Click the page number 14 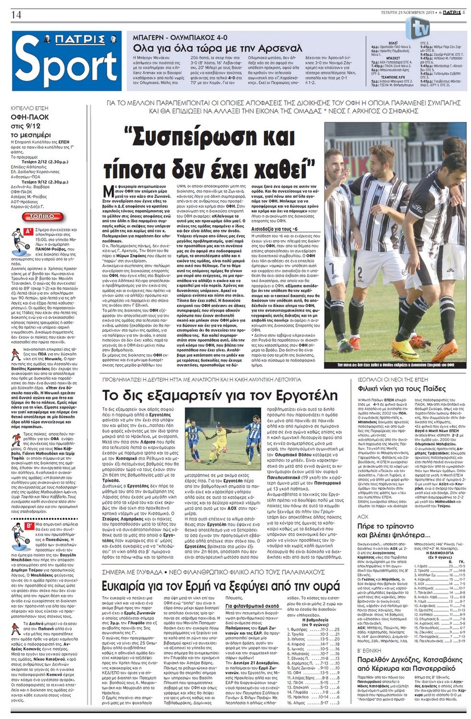[16, 15]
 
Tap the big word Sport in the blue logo [67, 65]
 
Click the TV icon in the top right [417, 28]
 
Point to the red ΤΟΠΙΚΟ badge [42, 217]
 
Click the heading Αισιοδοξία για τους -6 [277, 229]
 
